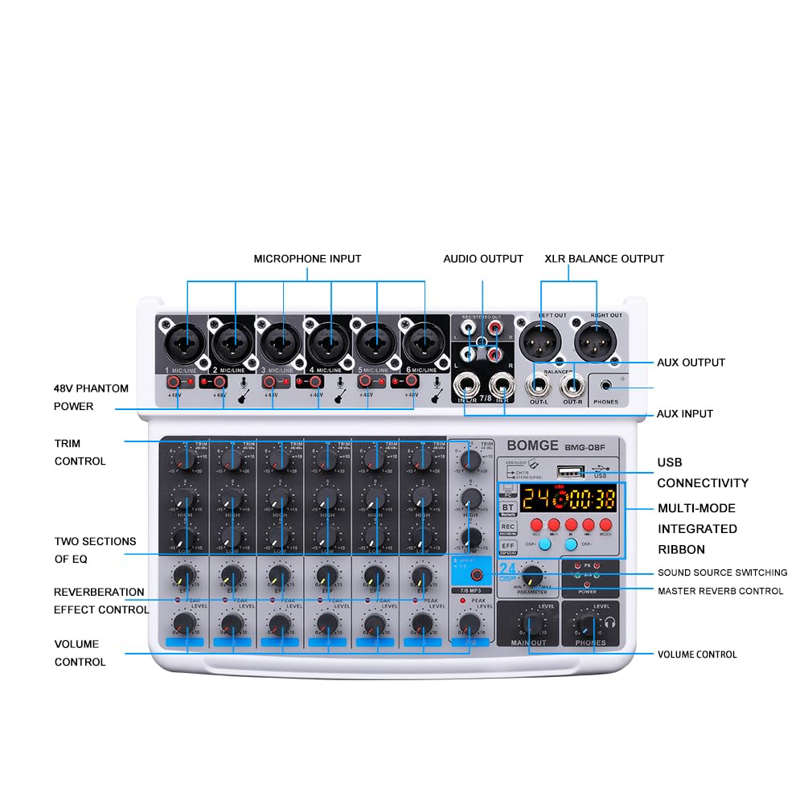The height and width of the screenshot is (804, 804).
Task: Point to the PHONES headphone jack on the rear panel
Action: (x=606, y=386)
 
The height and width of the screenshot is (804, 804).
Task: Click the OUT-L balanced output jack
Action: (x=540, y=383)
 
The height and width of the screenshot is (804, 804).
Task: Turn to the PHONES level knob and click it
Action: (x=589, y=623)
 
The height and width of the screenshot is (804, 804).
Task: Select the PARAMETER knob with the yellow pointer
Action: (x=531, y=576)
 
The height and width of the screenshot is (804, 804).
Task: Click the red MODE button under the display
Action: (x=605, y=525)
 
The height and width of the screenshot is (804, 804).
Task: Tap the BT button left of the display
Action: (x=508, y=507)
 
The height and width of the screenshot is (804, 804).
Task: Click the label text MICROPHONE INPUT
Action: (x=307, y=259)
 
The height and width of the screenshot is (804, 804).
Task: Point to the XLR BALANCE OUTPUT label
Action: (x=604, y=259)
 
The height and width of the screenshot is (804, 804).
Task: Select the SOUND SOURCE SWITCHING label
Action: (x=722, y=572)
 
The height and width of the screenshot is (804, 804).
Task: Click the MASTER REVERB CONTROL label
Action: (x=720, y=591)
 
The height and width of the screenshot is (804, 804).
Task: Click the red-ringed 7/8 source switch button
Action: (x=478, y=575)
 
